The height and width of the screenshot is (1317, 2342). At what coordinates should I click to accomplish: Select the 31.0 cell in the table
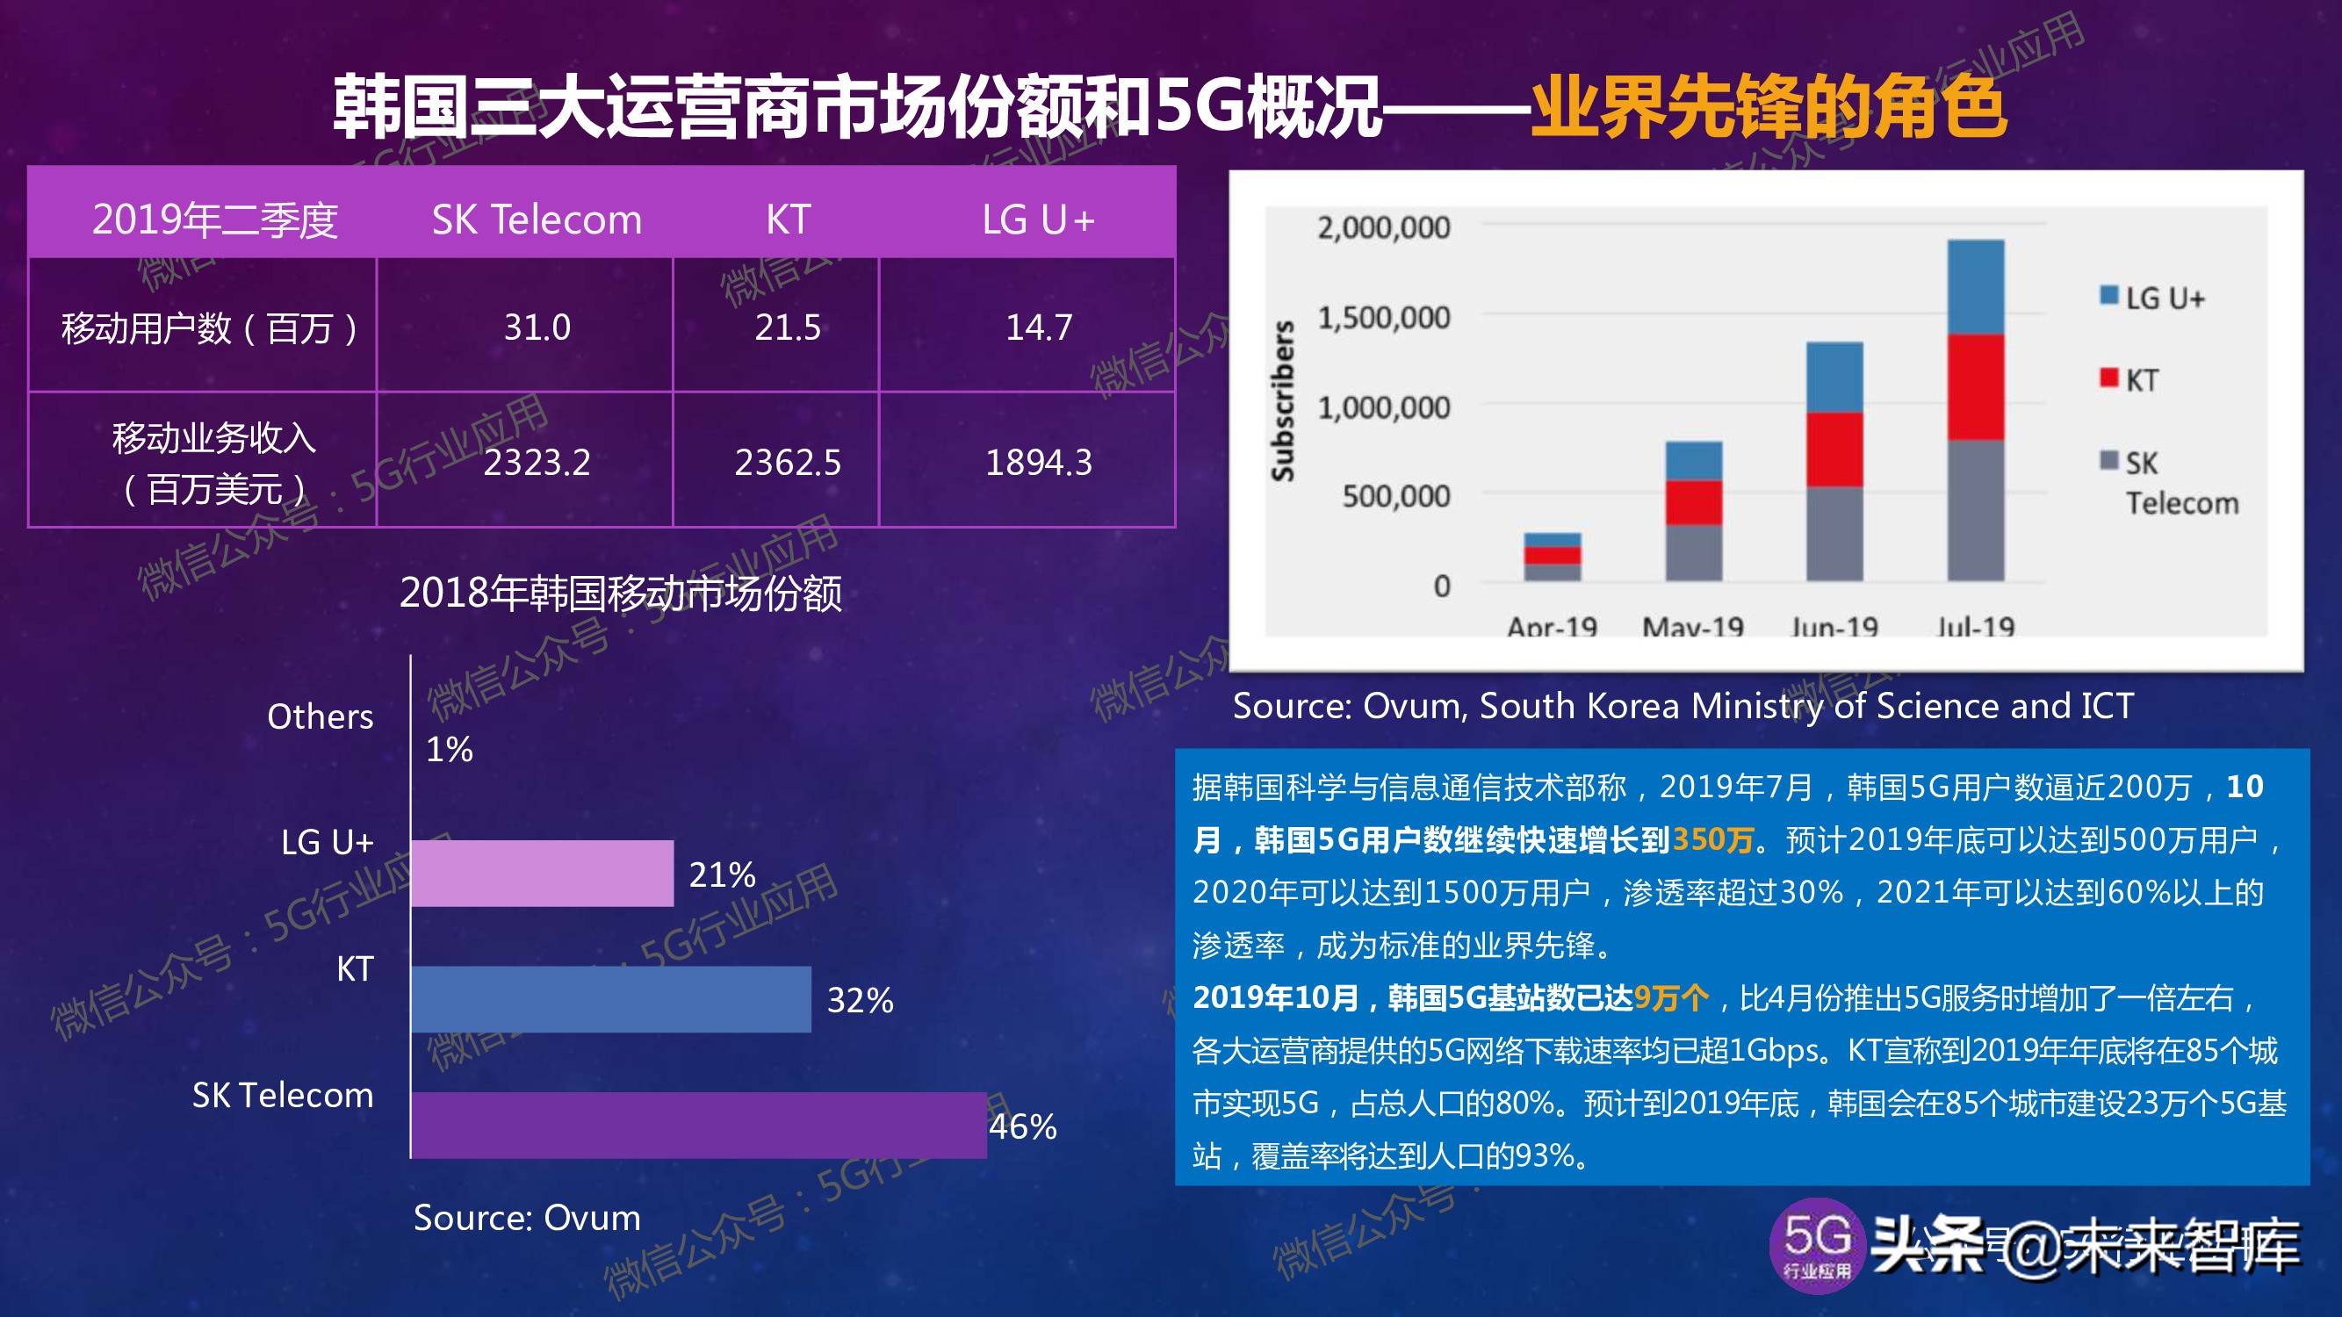point(537,327)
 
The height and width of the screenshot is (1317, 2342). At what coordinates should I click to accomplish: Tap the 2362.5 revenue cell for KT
point(788,463)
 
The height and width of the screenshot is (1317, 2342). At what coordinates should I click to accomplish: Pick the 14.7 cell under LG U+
point(1038,327)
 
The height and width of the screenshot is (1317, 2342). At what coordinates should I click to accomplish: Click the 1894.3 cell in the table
point(1038,463)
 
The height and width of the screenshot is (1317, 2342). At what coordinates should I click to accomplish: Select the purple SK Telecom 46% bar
point(698,1126)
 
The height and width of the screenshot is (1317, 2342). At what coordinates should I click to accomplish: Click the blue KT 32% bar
point(610,999)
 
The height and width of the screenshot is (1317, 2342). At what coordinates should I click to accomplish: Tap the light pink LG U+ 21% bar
point(542,874)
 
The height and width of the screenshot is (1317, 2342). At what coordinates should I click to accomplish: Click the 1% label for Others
point(449,750)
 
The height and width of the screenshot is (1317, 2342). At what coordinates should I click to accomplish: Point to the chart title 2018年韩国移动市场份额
point(620,594)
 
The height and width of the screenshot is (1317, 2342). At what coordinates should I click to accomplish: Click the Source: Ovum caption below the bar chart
point(526,1218)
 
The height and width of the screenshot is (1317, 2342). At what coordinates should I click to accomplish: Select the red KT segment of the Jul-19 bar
point(1975,387)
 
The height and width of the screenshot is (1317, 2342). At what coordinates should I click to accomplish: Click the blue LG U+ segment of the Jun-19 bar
point(1834,378)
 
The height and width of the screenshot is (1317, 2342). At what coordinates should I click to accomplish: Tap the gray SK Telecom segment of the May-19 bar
point(1693,551)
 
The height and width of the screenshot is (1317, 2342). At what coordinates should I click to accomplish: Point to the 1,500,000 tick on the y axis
point(1383,317)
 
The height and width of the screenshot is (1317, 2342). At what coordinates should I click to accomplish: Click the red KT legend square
point(2108,378)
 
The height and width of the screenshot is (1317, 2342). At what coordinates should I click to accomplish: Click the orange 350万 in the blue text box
point(1712,838)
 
